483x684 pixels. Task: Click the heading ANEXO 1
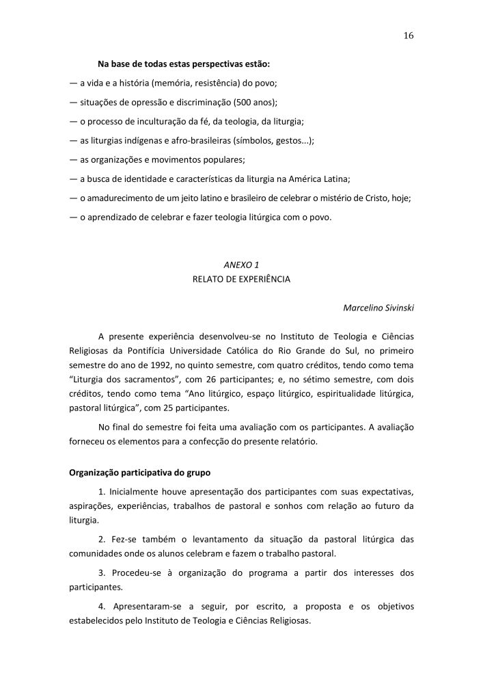(x=242, y=264)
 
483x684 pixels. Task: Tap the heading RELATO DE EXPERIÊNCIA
(x=242, y=279)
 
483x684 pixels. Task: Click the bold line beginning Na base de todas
(x=184, y=64)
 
